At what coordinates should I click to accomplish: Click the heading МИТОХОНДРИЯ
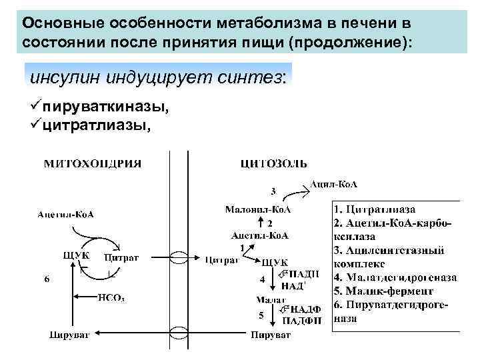pos(93,163)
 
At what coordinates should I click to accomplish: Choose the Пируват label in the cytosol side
pos(270,334)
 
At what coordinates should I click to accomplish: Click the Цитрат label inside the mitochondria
pos(121,258)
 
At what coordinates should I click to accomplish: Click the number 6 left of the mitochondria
pos(46,279)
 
